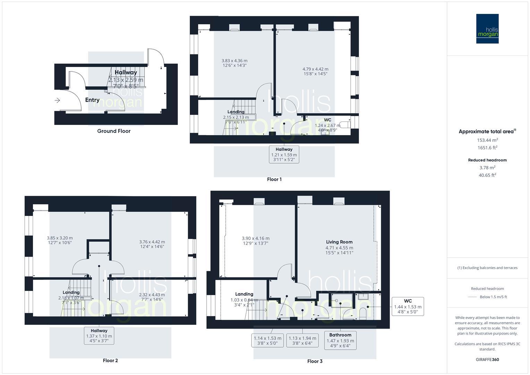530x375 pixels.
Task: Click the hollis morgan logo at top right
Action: tap(487, 29)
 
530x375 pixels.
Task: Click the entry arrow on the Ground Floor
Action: tap(57, 100)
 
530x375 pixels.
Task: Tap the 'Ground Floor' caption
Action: tap(114, 131)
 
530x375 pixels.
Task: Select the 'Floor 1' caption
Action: tap(274, 179)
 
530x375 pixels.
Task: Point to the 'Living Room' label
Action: tap(339, 242)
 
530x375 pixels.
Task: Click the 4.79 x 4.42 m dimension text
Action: tap(315, 69)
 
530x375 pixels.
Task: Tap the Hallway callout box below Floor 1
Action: tap(284, 155)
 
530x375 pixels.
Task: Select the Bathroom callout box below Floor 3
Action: tap(340, 340)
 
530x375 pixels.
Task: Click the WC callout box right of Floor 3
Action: tap(408, 306)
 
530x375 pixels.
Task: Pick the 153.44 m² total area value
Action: tap(487, 140)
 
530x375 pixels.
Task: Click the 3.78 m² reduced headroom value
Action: tap(487, 168)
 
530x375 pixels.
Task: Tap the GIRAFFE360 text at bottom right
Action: tap(487, 359)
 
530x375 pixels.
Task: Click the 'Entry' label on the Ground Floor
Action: tap(92, 100)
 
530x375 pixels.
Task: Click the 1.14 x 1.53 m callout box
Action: tap(268, 341)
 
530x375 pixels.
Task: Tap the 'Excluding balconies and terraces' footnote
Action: tap(487, 268)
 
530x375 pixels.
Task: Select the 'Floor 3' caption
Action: tap(315, 361)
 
